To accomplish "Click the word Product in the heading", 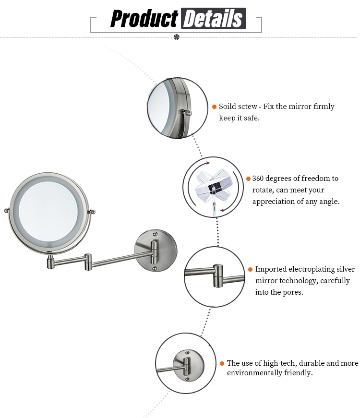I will coord(144,19).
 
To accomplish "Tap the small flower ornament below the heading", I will coord(177,36).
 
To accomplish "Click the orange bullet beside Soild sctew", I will coord(214,107).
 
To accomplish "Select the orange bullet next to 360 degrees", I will coord(248,179).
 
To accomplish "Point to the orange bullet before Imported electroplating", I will coord(250,269).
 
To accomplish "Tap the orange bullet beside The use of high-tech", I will coord(222,363).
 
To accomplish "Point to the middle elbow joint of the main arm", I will coord(88,262).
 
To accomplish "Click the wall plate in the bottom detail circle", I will coord(190,366).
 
